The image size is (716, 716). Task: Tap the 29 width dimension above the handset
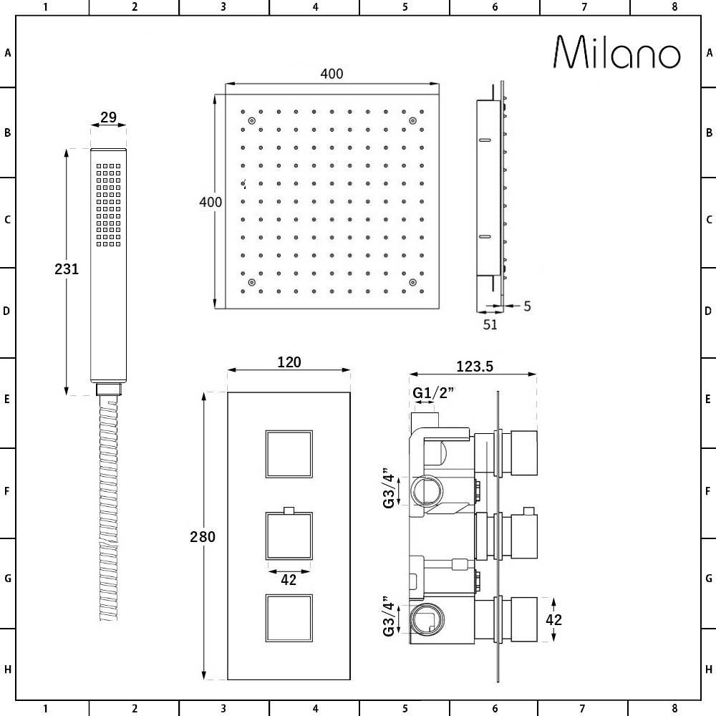coord(108,117)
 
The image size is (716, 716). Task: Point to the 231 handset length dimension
coord(67,269)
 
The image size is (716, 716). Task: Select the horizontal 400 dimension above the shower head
coord(332,74)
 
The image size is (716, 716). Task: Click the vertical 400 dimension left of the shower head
coord(211,202)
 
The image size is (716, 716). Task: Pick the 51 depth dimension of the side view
coord(490,324)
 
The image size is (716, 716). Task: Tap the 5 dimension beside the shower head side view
coord(527,306)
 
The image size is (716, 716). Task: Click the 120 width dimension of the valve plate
coord(289,362)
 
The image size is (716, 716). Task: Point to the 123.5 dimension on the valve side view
coord(474,366)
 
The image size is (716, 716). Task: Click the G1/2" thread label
coord(434,392)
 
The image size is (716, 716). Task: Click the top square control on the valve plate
coord(289,454)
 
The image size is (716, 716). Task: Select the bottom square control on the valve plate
coord(289,618)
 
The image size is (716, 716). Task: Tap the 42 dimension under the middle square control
coord(289,581)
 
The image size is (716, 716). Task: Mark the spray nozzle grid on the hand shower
coord(108,204)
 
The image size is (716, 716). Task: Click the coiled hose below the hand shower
coord(108,508)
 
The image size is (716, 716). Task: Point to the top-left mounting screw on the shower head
coord(251,122)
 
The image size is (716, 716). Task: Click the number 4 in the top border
coord(315,7)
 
